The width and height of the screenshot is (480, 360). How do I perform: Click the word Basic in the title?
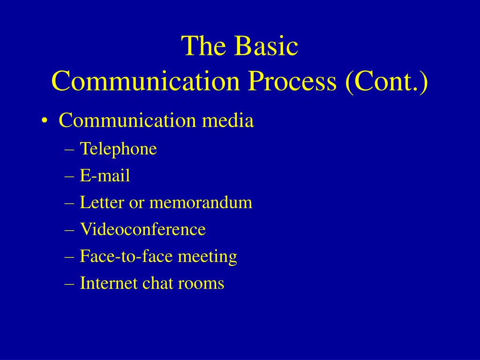[266, 46]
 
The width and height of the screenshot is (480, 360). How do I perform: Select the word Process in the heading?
[292, 81]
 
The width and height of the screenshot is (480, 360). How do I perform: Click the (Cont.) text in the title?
[386, 82]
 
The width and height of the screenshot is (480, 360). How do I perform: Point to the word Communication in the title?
[145, 81]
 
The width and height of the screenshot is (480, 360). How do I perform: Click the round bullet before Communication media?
[45, 120]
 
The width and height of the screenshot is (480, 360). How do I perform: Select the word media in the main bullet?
[228, 120]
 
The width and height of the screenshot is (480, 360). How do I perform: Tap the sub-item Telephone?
[118, 149]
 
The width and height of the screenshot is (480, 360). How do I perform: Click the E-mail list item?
[105, 176]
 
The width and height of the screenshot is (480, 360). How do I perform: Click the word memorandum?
[201, 202]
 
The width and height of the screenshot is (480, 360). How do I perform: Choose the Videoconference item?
[142, 229]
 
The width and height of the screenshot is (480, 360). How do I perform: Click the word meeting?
[208, 257]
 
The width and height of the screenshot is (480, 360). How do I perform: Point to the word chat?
[157, 283]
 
